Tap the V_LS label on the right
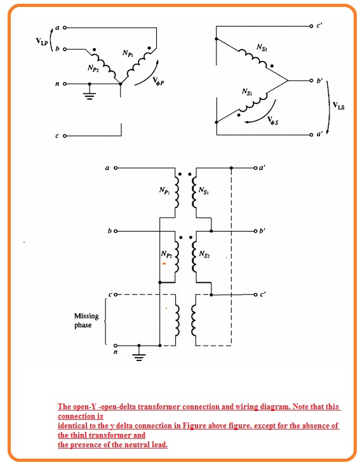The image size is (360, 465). tap(338, 107)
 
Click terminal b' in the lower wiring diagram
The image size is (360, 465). tap(255, 232)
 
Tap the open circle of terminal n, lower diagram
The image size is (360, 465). tap(116, 346)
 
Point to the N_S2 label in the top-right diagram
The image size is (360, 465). tap(262, 48)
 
